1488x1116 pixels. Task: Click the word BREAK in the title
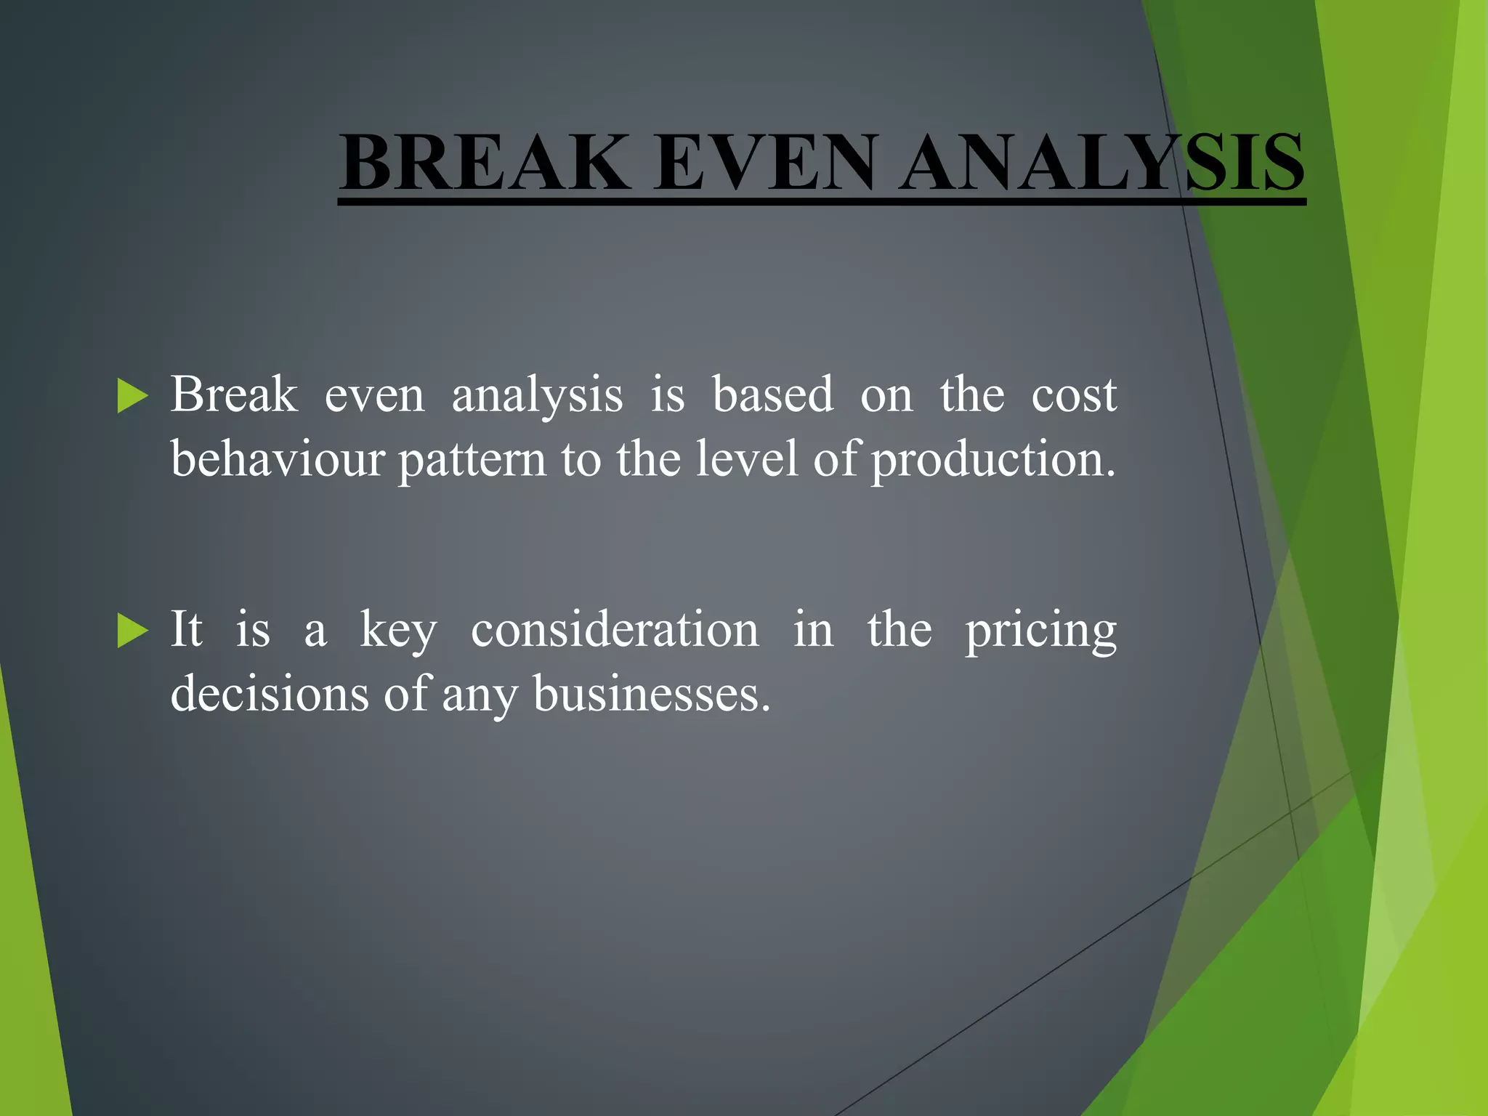[485, 163]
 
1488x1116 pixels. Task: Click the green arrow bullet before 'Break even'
[132, 396]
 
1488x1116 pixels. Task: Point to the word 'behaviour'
[277, 459]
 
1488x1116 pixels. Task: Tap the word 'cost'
[1074, 396]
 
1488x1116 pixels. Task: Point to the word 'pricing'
[1040, 631]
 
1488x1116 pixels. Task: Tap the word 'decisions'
[270, 693]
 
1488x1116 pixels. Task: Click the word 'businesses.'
[652, 693]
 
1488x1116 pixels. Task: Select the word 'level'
[748, 459]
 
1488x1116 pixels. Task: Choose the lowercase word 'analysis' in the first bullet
[537, 397]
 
